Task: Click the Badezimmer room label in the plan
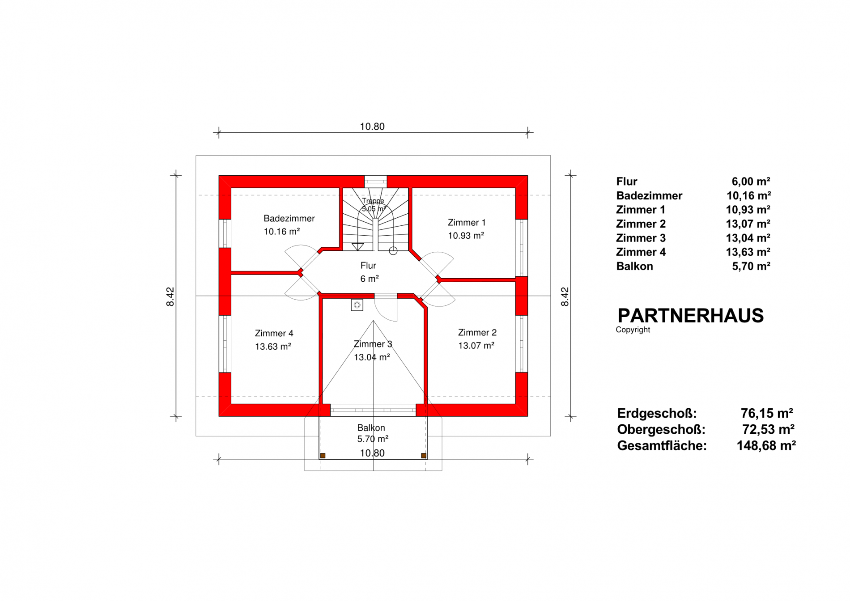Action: pyautogui.click(x=289, y=219)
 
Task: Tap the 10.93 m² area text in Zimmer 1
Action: pyautogui.click(x=466, y=236)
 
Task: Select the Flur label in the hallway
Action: pyautogui.click(x=368, y=266)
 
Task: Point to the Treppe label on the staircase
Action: pyautogui.click(x=373, y=201)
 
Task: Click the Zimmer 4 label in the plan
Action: pyautogui.click(x=274, y=333)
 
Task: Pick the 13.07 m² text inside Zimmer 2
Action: pyautogui.click(x=476, y=346)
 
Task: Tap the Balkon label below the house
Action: pyautogui.click(x=371, y=428)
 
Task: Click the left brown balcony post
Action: pyautogui.click(x=323, y=456)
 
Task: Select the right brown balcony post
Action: pyautogui.click(x=424, y=456)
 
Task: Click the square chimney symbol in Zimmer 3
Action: pyautogui.click(x=357, y=305)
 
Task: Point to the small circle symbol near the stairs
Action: pyautogui.click(x=393, y=251)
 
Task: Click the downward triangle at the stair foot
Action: pyautogui.click(x=358, y=246)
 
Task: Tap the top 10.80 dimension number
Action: pyautogui.click(x=372, y=127)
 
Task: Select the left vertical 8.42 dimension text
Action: pyautogui.click(x=170, y=296)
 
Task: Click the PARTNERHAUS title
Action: pyautogui.click(x=690, y=316)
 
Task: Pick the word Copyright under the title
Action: pyautogui.click(x=633, y=330)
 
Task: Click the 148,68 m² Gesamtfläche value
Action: pyautogui.click(x=766, y=446)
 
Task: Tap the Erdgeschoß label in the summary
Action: pyautogui.click(x=657, y=413)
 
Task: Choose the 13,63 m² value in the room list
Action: pyautogui.click(x=748, y=252)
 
